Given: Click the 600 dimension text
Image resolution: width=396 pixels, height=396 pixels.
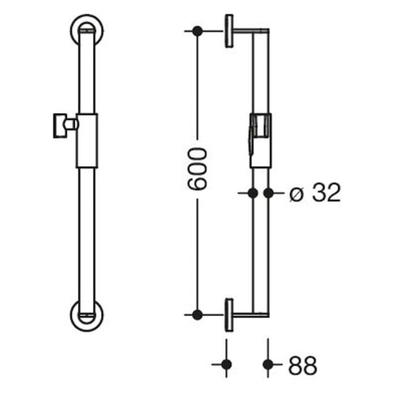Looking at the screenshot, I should tap(197, 169).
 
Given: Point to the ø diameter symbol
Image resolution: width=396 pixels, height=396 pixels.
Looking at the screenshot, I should tap(295, 194).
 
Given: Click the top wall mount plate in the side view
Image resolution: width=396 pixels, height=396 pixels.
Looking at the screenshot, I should tap(229, 31).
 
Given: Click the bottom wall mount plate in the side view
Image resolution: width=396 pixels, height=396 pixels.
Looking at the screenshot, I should tap(229, 314).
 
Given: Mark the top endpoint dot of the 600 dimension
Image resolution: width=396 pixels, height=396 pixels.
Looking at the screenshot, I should tap(197, 31).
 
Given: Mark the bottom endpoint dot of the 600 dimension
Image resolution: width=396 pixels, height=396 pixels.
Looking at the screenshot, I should tap(197, 314).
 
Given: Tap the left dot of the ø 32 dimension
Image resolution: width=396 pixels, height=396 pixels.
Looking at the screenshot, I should tap(252, 193).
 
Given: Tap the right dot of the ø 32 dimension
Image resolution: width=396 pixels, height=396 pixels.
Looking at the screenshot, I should tap(268, 193).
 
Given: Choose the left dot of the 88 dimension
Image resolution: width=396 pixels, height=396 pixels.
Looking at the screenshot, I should tap(226, 364).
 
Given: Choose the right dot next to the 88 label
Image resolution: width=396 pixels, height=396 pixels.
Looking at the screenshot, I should tap(268, 364).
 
